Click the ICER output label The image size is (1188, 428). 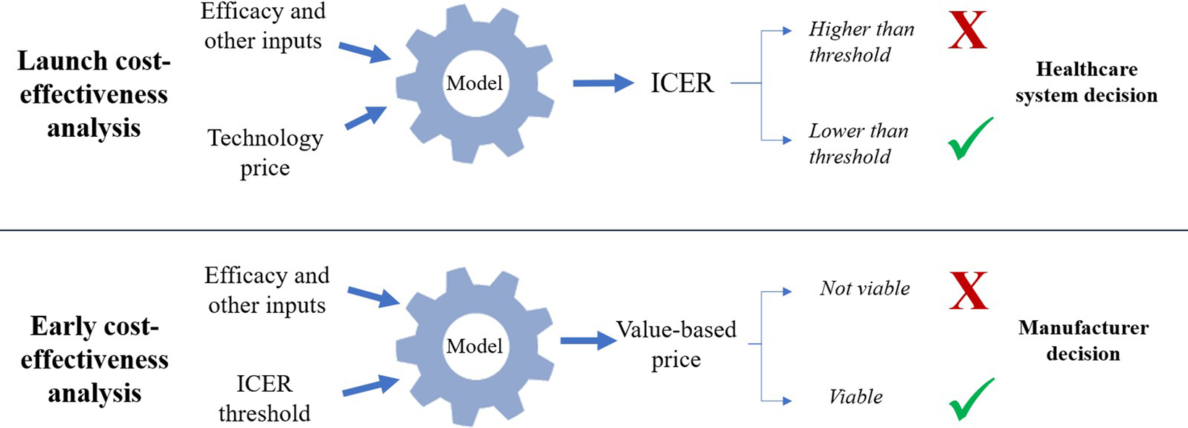point(682,83)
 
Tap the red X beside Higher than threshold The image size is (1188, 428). point(967,30)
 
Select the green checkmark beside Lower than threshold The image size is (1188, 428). point(970,140)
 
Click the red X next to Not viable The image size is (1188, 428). point(968,291)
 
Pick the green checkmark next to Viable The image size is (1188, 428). point(970,399)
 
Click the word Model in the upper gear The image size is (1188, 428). point(474,83)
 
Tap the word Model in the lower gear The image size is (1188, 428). point(474,346)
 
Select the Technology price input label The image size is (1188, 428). point(265,152)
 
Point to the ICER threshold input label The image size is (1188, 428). point(264,398)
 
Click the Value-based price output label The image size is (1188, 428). point(676,344)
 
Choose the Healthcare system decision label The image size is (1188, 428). point(1086,82)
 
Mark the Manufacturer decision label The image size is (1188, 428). point(1083,340)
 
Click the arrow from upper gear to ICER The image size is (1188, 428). point(603,83)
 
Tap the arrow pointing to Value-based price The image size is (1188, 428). point(587,340)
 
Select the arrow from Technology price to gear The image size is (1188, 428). point(366,117)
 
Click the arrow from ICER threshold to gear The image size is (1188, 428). point(370,385)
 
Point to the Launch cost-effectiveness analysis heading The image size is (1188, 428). point(93,94)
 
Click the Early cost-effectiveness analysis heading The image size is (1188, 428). point(94,359)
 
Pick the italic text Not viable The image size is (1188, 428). point(865,288)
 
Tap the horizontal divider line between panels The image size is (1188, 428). point(594,230)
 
